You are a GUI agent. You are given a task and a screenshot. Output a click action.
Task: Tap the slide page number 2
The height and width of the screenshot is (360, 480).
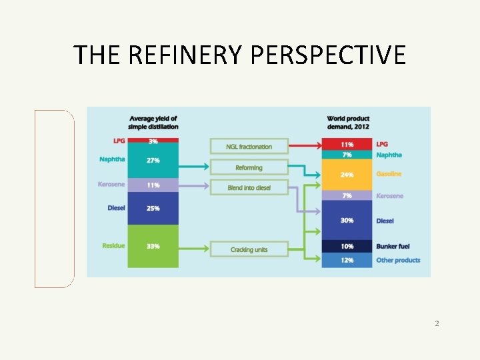[437, 323]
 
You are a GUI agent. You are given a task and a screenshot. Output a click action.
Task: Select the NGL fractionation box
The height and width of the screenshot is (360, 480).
[249, 147]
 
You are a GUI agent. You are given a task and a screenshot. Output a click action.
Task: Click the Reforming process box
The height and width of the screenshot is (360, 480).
[249, 167]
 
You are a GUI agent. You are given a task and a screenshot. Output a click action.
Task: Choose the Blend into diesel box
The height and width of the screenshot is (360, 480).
[249, 188]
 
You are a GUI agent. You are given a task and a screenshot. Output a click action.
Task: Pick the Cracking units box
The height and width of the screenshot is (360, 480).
[249, 249]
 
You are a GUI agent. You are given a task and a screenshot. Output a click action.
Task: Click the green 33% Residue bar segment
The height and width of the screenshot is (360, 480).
[153, 246]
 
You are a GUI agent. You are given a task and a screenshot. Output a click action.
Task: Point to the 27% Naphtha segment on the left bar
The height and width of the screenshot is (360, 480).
[153, 161]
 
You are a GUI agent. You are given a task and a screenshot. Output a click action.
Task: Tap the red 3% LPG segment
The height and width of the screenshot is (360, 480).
[153, 141]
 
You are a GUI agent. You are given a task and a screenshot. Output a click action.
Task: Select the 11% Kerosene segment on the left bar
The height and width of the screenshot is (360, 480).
[153, 185]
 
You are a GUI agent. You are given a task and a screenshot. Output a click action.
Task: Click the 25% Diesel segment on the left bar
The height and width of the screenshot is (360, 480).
[153, 209]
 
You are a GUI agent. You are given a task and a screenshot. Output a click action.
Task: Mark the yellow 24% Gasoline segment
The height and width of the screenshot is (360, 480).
[347, 175]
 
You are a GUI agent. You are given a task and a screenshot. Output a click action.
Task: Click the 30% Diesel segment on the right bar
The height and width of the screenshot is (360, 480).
[347, 221]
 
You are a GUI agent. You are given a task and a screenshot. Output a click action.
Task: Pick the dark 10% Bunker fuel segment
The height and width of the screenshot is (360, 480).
[347, 247]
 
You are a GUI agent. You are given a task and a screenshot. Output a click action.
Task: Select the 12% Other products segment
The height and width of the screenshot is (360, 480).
[347, 260]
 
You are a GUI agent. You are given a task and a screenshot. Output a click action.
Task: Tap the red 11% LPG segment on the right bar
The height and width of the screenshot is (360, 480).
[347, 144]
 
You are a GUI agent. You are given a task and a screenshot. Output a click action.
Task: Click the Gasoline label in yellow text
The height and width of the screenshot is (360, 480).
[389, 175]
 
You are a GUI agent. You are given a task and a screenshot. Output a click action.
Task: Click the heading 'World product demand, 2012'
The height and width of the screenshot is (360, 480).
[348, 123]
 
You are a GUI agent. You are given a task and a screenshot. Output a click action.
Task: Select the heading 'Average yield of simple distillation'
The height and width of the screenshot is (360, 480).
[153, 123]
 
